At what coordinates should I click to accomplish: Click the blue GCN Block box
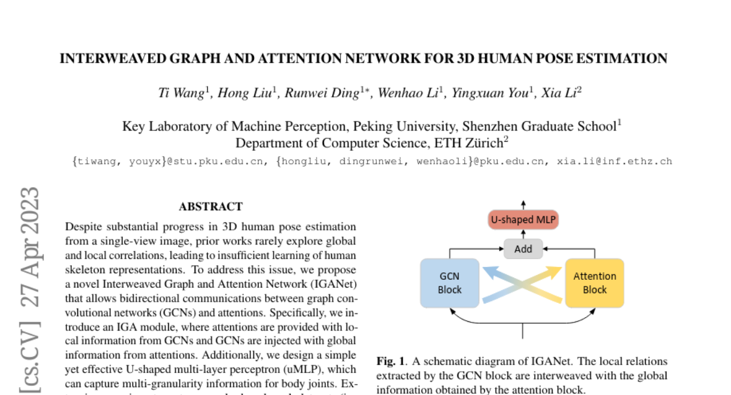click(x=450, y=282)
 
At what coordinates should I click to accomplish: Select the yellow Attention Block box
click(x=595, y=282)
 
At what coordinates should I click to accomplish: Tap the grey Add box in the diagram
click(x=523, y=248)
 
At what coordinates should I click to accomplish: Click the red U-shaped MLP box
click(x=523, y=219)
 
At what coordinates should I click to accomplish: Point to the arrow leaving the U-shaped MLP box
click(x=523, y=204)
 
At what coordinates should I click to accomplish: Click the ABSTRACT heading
click(x=211, y=207)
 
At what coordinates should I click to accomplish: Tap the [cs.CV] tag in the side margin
click(x=29, y=356)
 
